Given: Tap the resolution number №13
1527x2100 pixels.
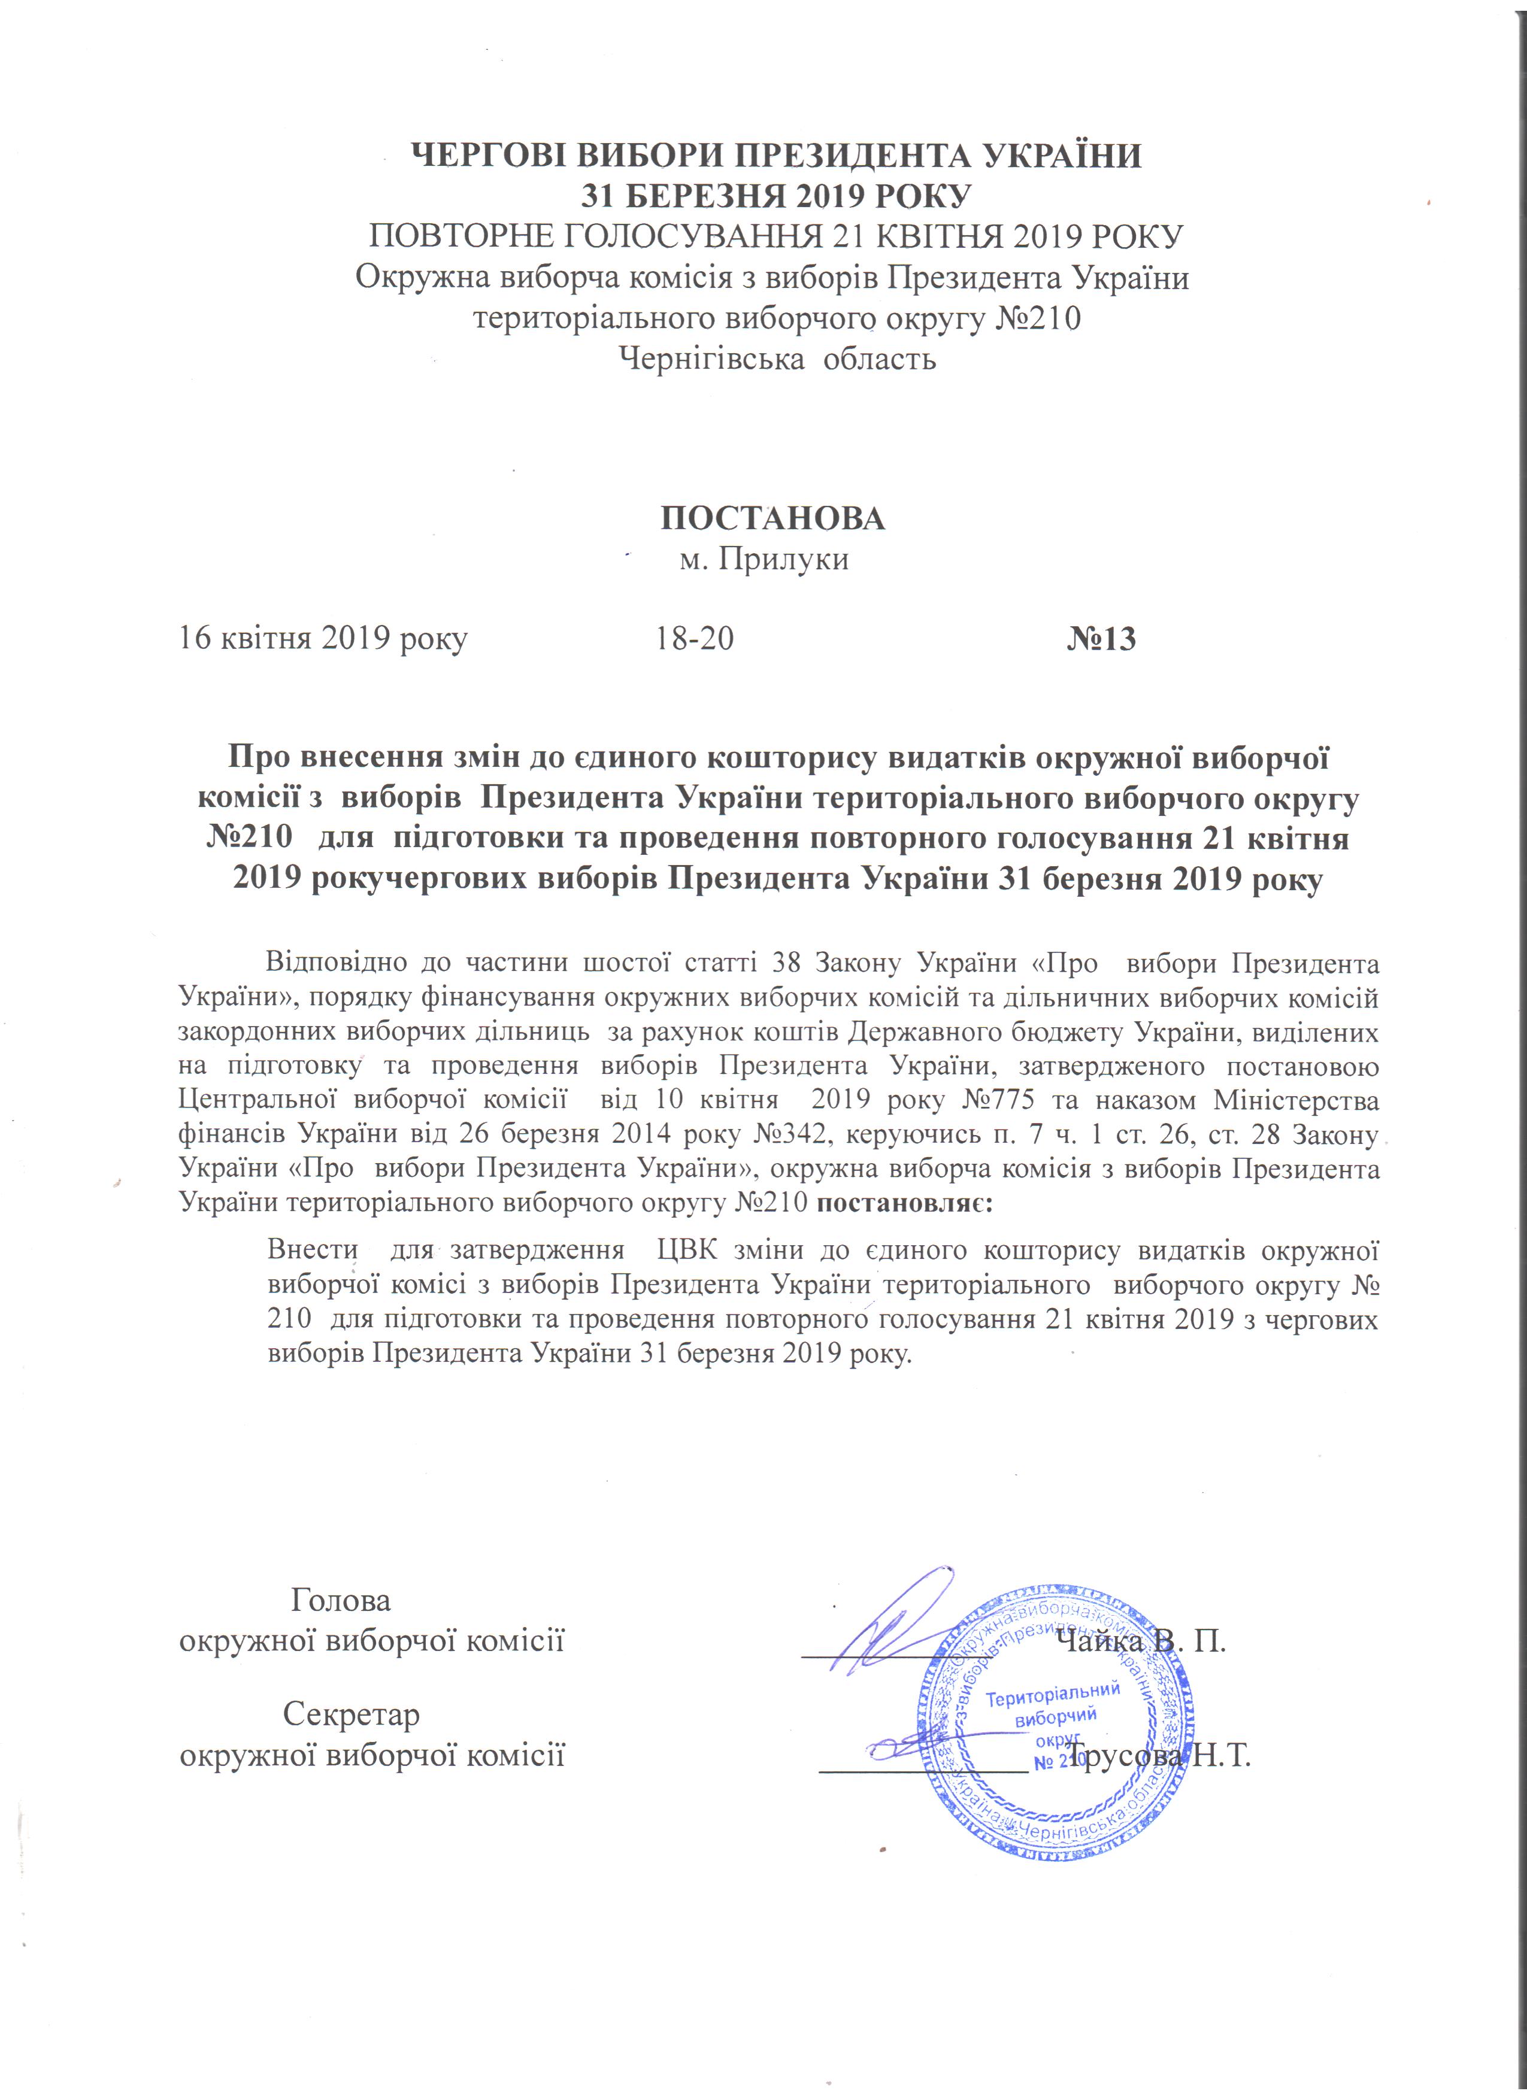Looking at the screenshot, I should (x=1101, y=639).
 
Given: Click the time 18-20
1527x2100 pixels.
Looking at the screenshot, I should (x=695, y=639).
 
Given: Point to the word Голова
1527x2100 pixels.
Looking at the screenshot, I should (x=341, y=1600).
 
